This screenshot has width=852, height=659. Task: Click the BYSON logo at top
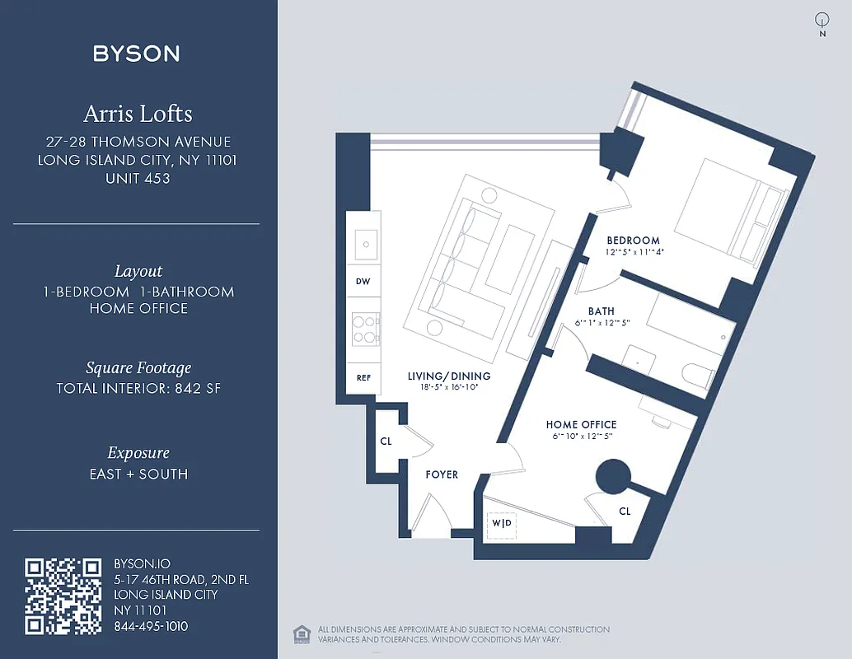(x=137, y=54)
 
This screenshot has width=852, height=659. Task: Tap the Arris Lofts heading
(x=138, y=113)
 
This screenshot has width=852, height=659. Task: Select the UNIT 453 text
(x=138, y=178)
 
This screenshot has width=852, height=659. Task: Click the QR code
(x=63, y=596)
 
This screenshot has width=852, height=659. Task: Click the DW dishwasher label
(x=363, y=282)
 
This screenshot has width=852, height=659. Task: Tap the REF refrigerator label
(x=363, y=378)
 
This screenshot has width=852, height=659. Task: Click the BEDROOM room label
(x=633, y=241)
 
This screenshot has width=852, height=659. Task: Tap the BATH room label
(x=601, y=311)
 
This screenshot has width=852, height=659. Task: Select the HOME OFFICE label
(x=581, y=425)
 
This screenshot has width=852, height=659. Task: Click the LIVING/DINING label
(x=449, y=376)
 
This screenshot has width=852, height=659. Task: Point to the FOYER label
(x=442, y=474)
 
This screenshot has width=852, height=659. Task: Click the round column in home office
(x=613, y=476)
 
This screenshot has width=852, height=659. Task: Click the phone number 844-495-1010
(x=151, y=626)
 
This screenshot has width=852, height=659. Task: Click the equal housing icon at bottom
(x=301, y=633)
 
